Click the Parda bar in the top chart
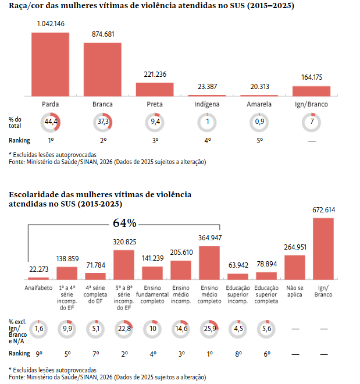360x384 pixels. click(51, 64)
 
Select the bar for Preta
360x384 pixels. click(155, 89)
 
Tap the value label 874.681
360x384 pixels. click(103, 34)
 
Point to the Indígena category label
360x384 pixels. click(207, 104)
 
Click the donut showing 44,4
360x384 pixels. click(51, 123)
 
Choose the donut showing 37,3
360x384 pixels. click(102, 123)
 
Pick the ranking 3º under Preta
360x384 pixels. click(155, 141)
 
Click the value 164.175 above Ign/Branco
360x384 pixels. click(312, 77)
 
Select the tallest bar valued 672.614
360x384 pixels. click(323, 248)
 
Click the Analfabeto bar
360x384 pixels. click(38, 278)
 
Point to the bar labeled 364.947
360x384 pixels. click(209, 262)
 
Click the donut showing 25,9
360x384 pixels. click(209, 329)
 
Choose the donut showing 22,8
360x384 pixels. click(124, 329)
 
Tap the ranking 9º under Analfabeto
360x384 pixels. click(38, 354)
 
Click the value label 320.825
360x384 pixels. click(124, 241)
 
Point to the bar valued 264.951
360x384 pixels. click(295, 267)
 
